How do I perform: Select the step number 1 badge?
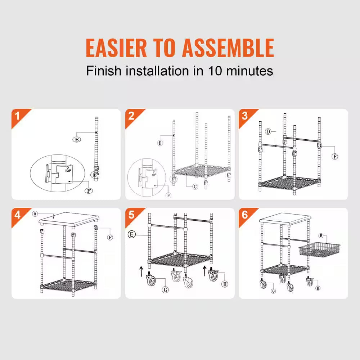(17, 116)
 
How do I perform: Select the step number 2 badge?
(131, 116)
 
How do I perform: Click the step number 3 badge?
(245, 116)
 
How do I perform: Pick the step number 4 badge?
(17, 215)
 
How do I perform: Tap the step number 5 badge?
(131, 215)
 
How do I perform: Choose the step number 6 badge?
(245, 215)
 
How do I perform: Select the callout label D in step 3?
(268, 131)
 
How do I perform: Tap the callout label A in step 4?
(35, 213)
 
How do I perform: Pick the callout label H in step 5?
(225, 284)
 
